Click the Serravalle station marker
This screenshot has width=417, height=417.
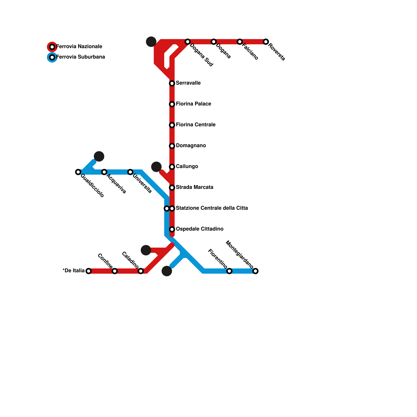point(172,83)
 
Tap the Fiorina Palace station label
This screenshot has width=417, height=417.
point(193,104)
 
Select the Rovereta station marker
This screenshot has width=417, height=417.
point(266,42)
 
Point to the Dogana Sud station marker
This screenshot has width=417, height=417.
point(188,42)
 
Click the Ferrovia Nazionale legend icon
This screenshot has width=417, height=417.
point(52,47)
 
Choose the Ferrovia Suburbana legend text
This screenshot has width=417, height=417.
point(81,57)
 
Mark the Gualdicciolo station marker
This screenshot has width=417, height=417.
point(78,172)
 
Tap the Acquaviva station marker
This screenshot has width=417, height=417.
point(104,172)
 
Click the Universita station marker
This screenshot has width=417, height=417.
point(130,172)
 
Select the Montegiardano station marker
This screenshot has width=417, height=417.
point(255,271)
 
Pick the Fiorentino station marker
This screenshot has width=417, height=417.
point(229,271)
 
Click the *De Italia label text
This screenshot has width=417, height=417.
point(73,271)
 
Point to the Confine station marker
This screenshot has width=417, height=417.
point(115,271)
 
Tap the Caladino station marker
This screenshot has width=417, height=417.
point(141,271)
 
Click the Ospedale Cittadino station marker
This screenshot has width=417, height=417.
point(172,229)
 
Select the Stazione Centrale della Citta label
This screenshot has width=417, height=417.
point(212,208)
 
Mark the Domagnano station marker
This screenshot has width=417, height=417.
point(172,146)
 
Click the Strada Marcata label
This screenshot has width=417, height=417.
point(194,187)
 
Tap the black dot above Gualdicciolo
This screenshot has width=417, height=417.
point(99,156)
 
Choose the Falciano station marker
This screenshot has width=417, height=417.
point(240,42)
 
